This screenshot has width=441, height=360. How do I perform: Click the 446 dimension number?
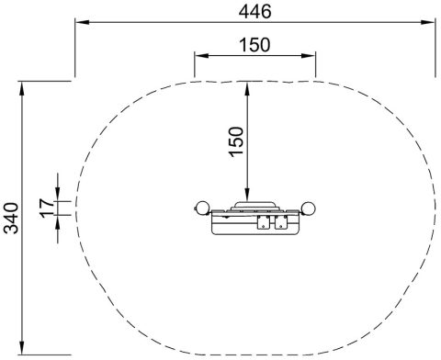(254, 12)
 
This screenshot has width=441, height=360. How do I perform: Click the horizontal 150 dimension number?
(254, 45)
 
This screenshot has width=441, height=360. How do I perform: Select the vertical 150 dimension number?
(236, 141)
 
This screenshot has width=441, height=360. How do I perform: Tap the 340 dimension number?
(11, 218)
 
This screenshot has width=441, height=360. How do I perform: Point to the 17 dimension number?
(47, 208)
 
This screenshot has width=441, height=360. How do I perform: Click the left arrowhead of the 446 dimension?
(83, 22)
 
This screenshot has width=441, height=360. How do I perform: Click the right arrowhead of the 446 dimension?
(428, 22)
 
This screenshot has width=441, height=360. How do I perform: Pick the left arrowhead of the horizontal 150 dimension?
(201, 55)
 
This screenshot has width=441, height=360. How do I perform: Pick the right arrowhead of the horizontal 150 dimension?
(308, 55)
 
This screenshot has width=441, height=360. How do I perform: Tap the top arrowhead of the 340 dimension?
(21, 88)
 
